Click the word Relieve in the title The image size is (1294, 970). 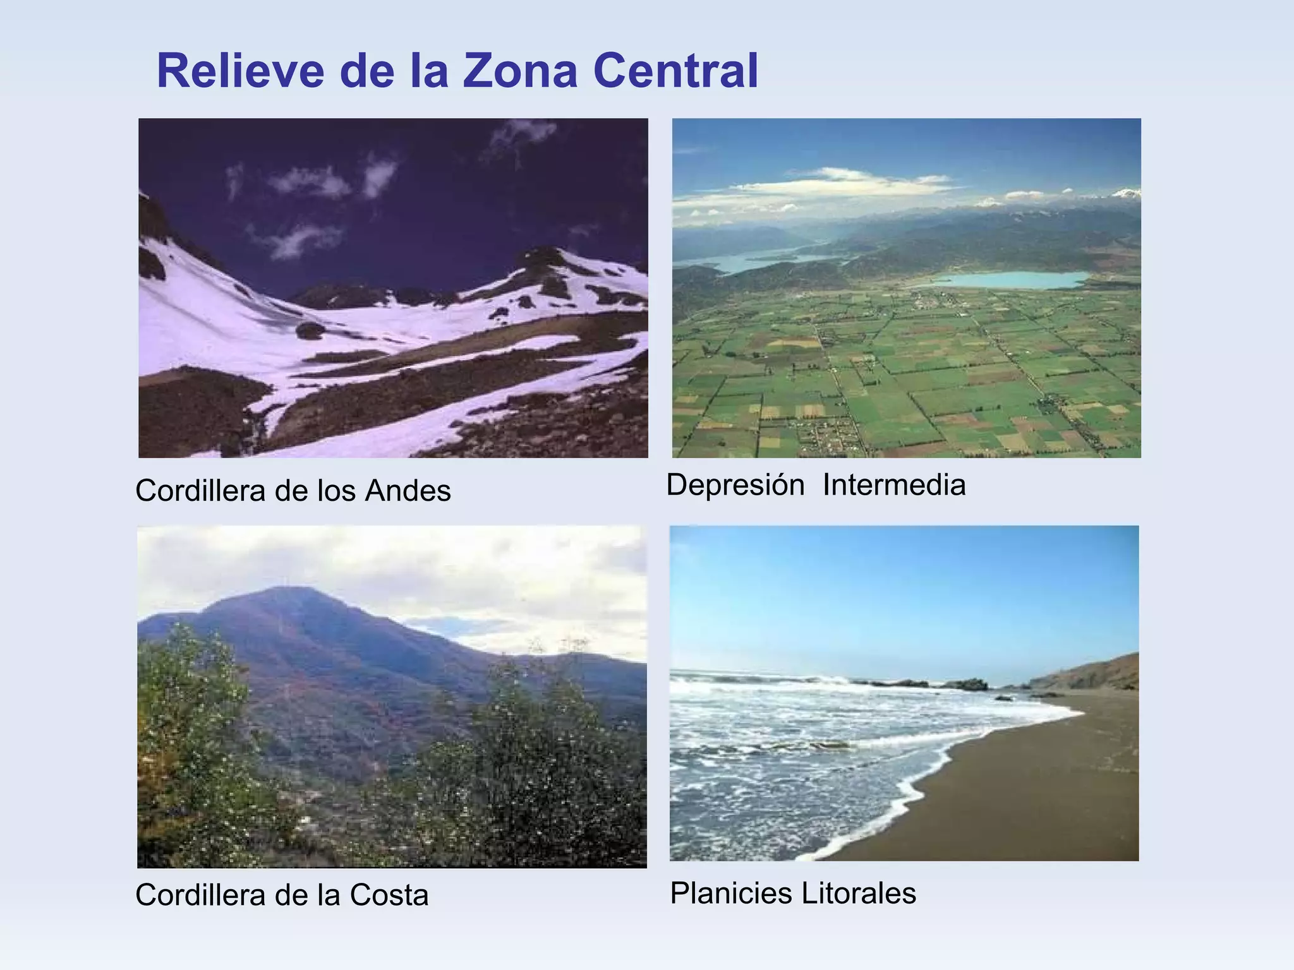[240, 71]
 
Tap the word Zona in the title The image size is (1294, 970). [519, 71]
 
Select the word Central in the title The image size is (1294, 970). [675, 71]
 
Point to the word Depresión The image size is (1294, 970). [735, 485]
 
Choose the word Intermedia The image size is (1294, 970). [894, 485]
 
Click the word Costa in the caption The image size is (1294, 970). [389, 895]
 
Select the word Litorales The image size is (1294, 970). [859, 893]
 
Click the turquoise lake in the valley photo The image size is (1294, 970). [1011, 280]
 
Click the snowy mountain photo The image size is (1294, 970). [393, 288]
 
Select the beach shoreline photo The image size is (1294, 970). [904, 693]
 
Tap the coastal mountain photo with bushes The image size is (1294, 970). [392, 697]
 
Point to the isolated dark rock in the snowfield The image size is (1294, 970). [310, 330]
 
